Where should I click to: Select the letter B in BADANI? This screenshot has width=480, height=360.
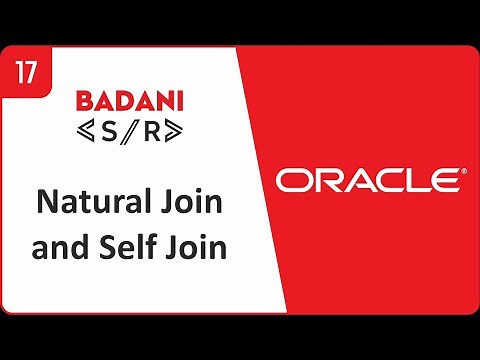pyautogui.click(x=84, y=101)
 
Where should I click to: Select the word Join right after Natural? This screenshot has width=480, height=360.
pyautogui.click(x=187, y=204)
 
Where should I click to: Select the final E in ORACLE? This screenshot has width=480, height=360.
pyautogui.click(x=442, y=180)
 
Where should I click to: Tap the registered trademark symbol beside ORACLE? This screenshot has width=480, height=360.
pyautogui.click(x=462, y=172)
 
